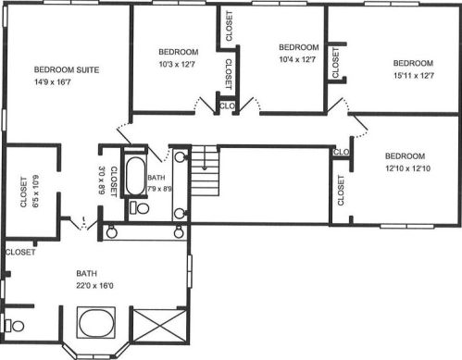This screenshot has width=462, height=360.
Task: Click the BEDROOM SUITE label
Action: [67, 69]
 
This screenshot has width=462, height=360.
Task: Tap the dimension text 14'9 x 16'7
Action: [53, 82]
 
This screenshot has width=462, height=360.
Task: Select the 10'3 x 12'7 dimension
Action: [177, 64]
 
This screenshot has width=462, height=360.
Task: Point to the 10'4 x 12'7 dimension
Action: [297, 59]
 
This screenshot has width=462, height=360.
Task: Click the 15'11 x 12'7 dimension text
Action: [414, 75]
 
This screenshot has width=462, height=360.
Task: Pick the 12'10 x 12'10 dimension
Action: [407, 168]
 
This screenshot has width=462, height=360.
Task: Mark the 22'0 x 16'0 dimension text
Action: [94, 286]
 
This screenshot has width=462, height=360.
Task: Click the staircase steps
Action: [205, 171]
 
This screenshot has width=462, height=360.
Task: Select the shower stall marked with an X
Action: [160, 326]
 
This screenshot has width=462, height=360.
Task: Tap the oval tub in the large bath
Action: [96, 323]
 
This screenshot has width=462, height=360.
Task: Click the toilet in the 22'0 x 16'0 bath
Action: [15, 326]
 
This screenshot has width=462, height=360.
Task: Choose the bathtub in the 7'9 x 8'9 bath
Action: [135, 176]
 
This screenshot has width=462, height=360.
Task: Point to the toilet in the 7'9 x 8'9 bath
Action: [140, 207]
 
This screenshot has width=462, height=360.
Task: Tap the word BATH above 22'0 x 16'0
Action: [87, 274]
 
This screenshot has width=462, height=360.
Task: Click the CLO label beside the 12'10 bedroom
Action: [342, 152]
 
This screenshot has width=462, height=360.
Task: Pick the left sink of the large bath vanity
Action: [111, 232]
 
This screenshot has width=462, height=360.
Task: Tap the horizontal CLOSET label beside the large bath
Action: [20, 253]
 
